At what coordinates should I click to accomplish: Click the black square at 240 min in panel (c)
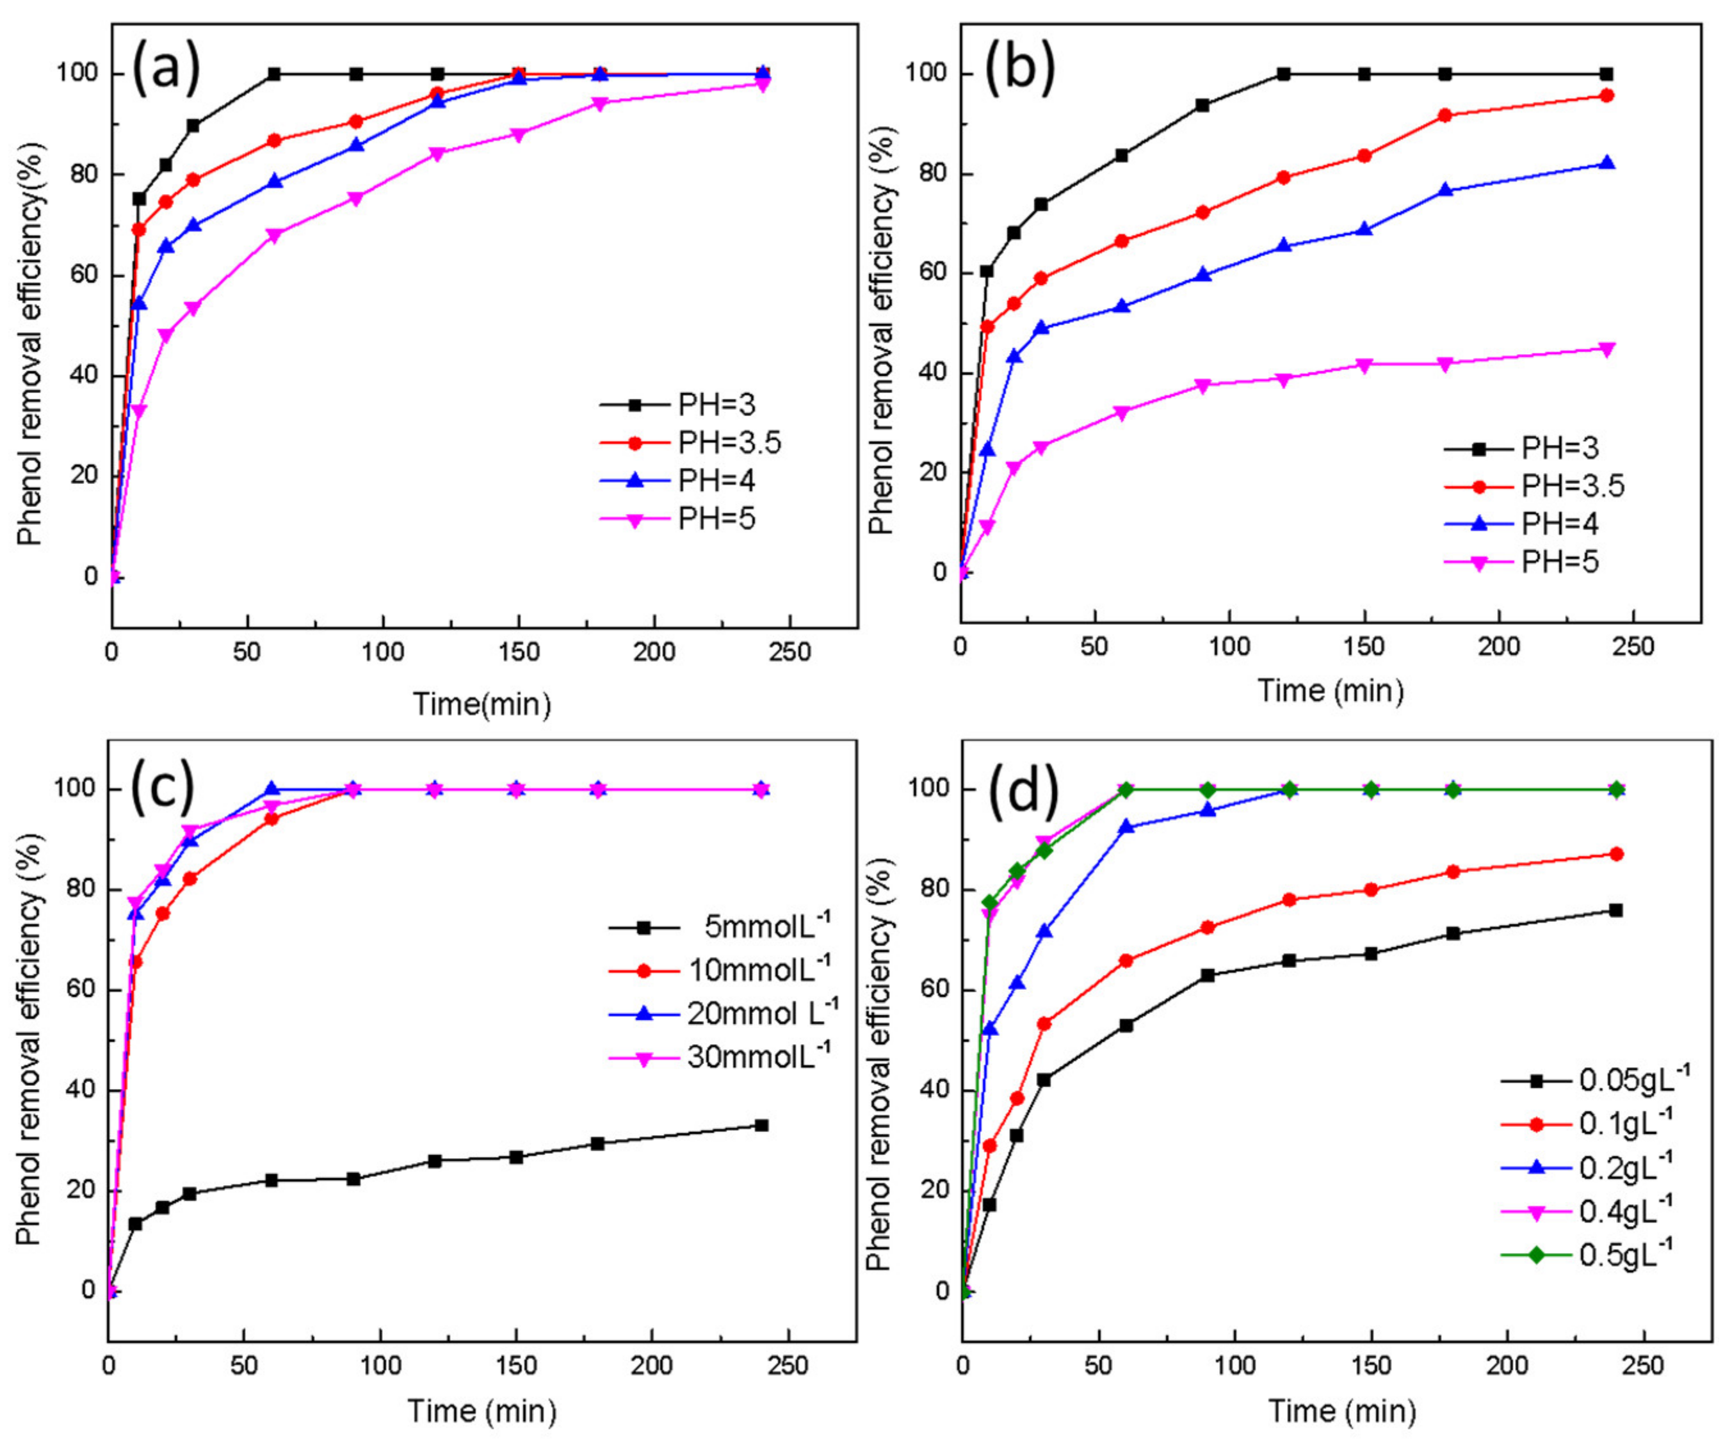pos(761,1125)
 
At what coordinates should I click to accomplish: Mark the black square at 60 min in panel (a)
pos(275,74)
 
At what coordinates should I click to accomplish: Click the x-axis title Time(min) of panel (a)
pos(482,704)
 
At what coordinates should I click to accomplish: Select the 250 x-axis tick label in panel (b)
pos(1632,647)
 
